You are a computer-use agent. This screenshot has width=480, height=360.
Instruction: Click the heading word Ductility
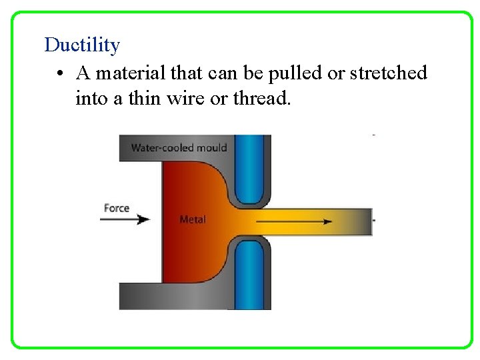(x=82, y=45)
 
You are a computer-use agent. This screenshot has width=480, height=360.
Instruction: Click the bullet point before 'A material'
(x=60, y=73)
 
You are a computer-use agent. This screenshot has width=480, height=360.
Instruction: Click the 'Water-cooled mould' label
(x=179, y=147)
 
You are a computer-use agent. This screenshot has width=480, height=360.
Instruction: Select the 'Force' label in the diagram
(x=117, y=208)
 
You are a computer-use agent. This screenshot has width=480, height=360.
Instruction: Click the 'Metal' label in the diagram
(x=193, y=219)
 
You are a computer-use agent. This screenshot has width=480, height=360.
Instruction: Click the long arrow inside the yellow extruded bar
(x=294, y=221)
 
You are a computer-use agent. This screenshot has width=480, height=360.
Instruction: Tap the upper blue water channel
(x=249, y=167)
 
